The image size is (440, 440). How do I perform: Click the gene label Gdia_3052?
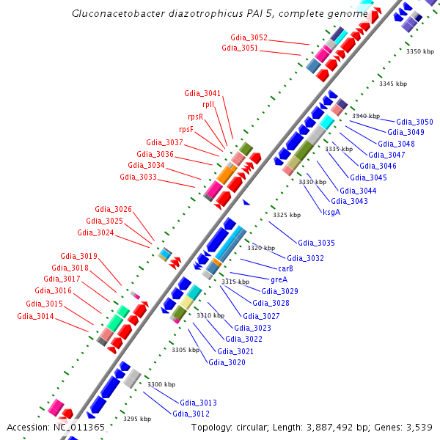[249, 37]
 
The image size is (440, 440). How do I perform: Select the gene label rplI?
[209, 105]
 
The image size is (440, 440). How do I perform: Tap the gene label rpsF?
[186, 129]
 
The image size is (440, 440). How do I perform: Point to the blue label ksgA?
[331, 212]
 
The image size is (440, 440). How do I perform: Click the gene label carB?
[285, 268]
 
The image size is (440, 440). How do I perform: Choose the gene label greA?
[279, 279]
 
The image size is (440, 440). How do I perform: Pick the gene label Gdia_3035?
[316, 243]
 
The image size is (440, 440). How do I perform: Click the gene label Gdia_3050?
[414, 122]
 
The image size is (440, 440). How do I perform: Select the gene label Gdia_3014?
[35, 316]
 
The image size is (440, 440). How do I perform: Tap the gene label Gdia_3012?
[191, 414]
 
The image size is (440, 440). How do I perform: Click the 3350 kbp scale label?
[420, 51]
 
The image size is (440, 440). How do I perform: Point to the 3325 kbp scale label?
[287, 215]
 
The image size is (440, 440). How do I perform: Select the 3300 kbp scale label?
[161, 384]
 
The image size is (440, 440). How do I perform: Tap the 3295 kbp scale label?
[137, 419]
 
